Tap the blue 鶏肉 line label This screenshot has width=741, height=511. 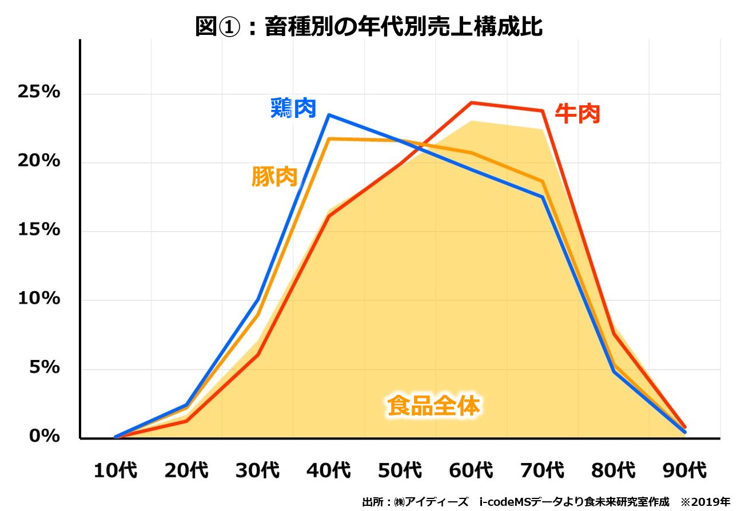point(293,108)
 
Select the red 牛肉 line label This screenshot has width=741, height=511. point(577,113)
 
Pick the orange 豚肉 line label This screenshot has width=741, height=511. point(274,177)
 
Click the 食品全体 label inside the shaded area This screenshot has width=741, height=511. point(433,406)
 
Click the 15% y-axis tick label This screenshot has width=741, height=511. point(39,229)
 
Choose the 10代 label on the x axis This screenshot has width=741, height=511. point(115,471)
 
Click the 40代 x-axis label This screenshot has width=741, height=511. point(328,471)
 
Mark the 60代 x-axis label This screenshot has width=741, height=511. point(471,471)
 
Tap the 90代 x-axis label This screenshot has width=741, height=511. point(684,471)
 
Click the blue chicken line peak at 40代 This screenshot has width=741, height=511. point(329,115)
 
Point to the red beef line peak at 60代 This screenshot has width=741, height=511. point(471,103)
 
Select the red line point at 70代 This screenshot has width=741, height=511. point(542,111)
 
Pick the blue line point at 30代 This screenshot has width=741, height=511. point(258,299)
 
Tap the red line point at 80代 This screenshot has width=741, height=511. point(613,334)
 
